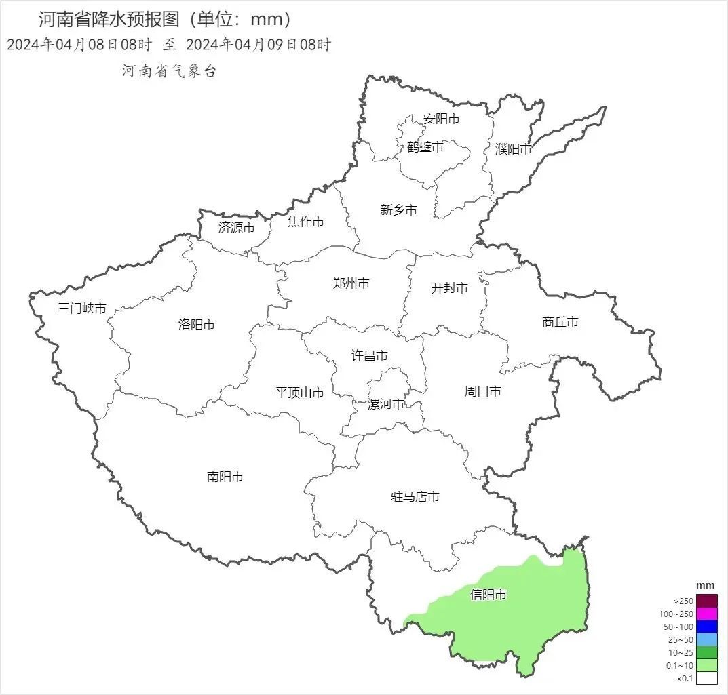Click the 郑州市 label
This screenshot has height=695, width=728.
[351, 283]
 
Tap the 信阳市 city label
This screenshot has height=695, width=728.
[488, 595]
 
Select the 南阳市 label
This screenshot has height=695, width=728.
[225, 477]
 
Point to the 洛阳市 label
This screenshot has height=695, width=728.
[197, 324]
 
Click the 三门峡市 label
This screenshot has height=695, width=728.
[82, 309]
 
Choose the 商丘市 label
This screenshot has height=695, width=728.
[560, 322]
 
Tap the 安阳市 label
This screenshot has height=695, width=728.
[442, 119]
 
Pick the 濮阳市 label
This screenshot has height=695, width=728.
[514, 148]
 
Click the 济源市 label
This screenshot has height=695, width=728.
[237, 227]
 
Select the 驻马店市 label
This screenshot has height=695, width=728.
[415, 497]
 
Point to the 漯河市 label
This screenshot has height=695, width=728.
[386, 404]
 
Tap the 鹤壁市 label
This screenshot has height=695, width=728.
[425, 146]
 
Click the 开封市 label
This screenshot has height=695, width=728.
[450, 288]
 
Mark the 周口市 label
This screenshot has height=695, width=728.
[483, 391]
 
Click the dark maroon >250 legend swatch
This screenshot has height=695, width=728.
[706, 601]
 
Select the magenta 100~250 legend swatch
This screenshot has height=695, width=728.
[706, 614]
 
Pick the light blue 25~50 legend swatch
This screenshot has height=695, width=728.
[706, 639]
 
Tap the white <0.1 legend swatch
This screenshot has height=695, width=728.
[706, 678]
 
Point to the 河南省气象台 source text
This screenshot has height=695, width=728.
[169, 71]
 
